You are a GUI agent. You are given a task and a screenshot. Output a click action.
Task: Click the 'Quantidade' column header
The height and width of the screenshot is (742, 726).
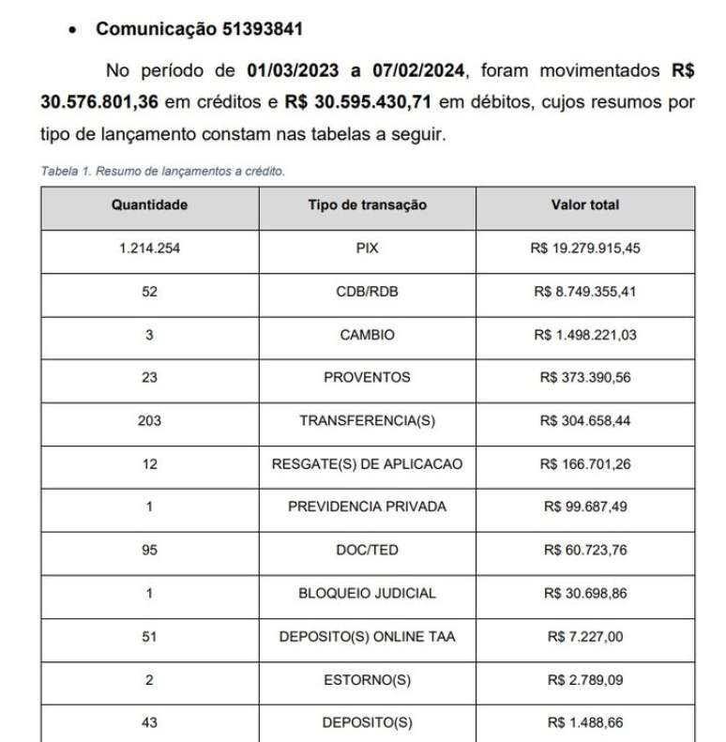pos(149,205)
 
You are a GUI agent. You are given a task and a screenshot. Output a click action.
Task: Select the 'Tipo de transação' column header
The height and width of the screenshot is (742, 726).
pos(367,205)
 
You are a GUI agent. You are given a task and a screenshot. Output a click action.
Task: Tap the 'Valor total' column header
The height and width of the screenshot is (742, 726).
pos(585,205)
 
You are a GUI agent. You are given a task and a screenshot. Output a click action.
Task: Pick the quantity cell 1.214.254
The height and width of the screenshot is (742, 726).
pos(149,250)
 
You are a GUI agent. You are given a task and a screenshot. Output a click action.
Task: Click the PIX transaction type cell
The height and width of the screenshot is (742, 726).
pos(367,250)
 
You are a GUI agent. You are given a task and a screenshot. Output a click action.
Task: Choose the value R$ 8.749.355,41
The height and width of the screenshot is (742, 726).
pos(585,292)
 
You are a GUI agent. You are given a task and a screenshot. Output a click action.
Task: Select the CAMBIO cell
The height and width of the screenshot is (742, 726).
pos(367,335)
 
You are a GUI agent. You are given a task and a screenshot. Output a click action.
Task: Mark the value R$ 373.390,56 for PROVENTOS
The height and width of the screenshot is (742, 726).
pos(585,378)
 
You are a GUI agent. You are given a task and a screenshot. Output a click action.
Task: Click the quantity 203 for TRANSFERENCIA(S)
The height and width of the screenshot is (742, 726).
pos(149,421)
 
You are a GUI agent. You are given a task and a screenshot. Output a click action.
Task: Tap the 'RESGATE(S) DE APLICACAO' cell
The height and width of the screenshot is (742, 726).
pos(367,463)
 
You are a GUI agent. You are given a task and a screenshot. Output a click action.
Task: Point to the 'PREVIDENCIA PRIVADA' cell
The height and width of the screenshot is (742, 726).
pos(367,507)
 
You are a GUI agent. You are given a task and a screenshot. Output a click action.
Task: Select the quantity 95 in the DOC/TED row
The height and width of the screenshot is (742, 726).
pos(149,550)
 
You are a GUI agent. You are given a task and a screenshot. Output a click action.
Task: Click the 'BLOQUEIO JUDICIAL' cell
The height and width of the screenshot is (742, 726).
pos(367,593)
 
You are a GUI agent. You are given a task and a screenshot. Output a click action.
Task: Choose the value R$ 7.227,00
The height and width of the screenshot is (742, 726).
pos(585,637)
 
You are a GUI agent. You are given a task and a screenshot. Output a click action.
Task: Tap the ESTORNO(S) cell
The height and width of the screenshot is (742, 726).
pos(367,680)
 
